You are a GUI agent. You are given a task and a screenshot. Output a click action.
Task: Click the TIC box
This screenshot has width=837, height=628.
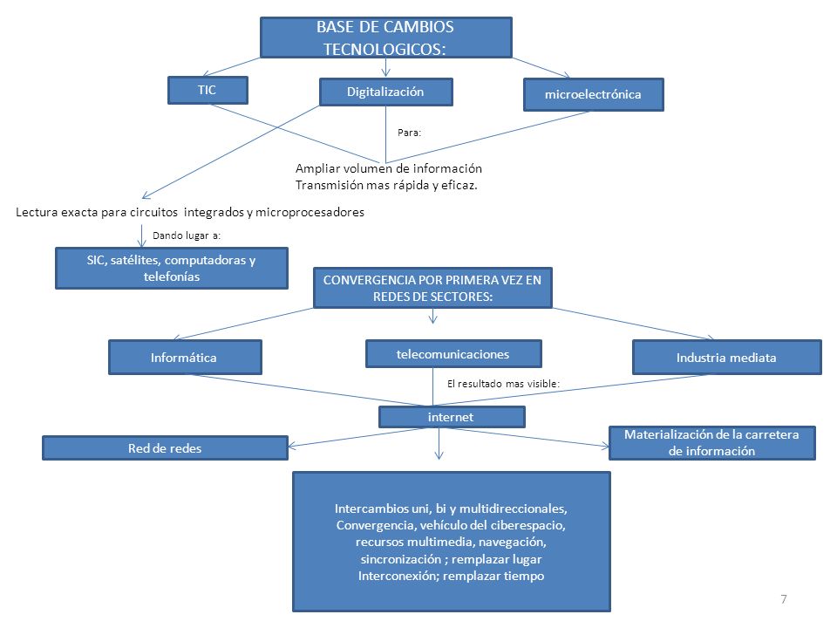point(208,90)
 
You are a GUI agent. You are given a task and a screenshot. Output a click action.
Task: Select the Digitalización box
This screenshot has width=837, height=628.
point(386,92)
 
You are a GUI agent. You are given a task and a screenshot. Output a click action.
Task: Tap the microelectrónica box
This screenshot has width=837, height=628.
point(593,94)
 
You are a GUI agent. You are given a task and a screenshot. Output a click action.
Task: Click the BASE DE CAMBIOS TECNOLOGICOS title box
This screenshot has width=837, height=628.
point(386,38)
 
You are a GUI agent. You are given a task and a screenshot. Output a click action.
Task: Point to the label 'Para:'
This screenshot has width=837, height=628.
point(410,133)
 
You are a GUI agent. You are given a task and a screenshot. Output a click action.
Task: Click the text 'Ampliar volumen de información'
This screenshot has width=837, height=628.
point(389,168)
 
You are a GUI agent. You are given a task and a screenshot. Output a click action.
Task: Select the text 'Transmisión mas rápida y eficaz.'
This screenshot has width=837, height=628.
point(386,185)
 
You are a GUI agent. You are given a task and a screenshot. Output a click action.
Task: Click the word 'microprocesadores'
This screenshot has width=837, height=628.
point(310,213)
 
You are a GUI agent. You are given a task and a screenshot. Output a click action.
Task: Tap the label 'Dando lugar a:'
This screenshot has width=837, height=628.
point(187,235)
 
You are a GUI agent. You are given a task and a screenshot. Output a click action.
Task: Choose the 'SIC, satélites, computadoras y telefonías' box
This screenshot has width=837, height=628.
point(172,268)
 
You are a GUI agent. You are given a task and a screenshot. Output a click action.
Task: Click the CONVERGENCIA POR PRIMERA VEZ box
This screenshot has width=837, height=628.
point(432,288)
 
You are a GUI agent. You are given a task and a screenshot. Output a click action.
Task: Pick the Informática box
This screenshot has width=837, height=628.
point(185,358)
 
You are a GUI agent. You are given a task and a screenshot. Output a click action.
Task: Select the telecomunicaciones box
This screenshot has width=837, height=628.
point(453,354)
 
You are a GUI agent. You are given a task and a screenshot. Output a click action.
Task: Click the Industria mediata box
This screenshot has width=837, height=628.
point(726,358)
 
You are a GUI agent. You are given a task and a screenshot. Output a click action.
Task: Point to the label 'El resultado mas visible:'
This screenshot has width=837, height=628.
point(503,384)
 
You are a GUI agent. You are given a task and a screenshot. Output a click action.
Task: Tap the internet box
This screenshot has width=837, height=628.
point(452,417)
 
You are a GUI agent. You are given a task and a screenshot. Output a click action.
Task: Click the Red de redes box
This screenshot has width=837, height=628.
point(165,448)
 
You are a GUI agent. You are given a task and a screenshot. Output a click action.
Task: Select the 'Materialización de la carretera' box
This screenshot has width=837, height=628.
point(712,443)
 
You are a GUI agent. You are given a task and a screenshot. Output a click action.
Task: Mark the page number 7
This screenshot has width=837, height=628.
point(784,599)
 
